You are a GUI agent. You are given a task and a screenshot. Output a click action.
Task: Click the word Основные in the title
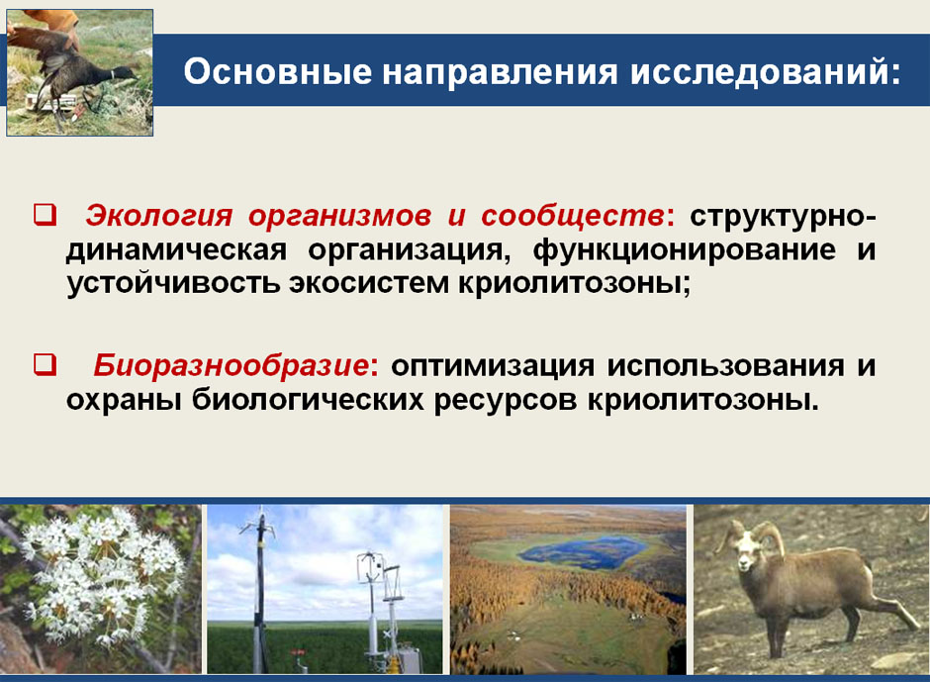[278, 71]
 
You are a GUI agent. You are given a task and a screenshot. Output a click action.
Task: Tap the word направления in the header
[500, 72]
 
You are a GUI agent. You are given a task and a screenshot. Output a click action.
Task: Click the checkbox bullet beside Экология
[45, 214]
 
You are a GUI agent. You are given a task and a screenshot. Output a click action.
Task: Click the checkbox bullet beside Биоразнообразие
[45, 364]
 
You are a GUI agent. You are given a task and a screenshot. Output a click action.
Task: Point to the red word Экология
[158, 216]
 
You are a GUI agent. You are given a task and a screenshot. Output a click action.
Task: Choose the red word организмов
[340, 217]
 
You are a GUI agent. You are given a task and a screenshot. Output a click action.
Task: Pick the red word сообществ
[573, 217]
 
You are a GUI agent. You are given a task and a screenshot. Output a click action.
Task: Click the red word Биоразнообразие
[232, 365]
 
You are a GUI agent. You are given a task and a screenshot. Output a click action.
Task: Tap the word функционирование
[685, 250]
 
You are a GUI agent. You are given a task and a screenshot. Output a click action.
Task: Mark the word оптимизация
[493, 365]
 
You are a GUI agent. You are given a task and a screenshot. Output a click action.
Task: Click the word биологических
[308, 400]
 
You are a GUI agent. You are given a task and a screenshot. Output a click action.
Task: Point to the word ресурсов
[506, 401]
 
